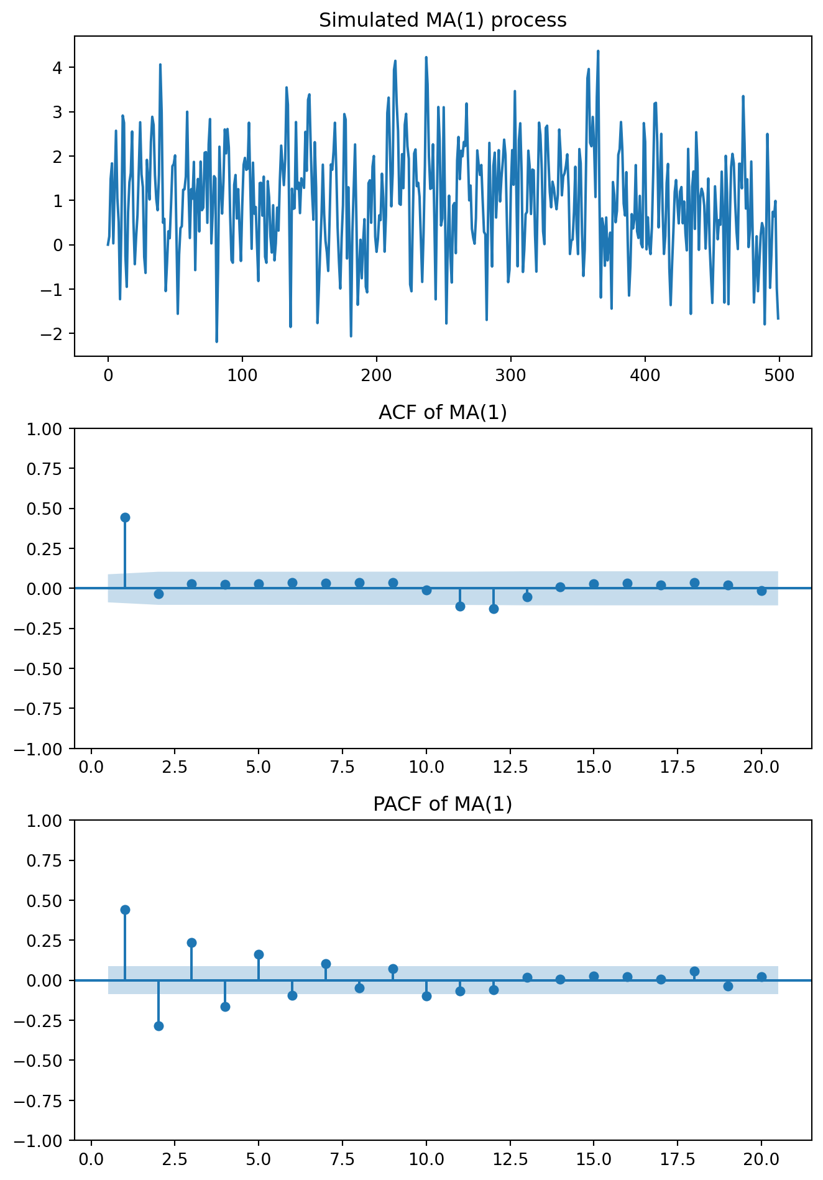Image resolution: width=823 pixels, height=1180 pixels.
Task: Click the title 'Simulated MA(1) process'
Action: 443,21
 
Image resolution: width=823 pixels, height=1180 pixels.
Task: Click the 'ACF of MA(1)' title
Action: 443,412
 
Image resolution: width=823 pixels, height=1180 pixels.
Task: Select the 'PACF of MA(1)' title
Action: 443,804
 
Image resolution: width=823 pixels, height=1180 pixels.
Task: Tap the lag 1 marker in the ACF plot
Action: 125,517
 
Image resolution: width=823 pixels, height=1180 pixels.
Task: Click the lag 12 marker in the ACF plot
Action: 494,609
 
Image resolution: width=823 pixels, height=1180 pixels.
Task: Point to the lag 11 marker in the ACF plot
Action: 460,606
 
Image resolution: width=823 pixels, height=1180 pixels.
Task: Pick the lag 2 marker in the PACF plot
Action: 159,1026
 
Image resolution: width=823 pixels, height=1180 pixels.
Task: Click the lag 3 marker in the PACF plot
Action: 191,943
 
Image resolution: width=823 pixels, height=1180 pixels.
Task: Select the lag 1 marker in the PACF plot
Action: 125,910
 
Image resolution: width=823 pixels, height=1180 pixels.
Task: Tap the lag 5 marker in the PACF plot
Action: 259,954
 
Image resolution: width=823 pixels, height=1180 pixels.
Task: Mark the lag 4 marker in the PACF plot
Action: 225,1007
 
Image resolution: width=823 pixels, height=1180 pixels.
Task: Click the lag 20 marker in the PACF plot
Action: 761,977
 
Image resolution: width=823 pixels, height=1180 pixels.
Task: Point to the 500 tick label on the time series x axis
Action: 779,376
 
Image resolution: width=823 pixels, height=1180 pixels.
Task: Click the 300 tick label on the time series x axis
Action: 510,376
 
